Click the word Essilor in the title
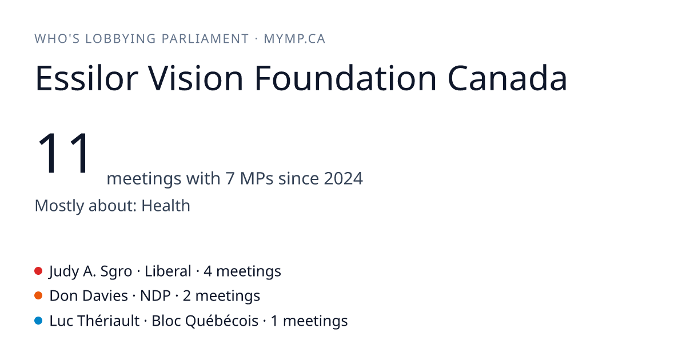pos(87,78)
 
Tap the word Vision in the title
pos(196,78)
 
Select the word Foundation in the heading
pos(345,78)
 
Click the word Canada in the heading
pos(508,78)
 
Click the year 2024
pos(344,178)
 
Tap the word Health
pos(166,205)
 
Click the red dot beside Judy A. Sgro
pos(38,271)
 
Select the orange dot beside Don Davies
pos(38,296)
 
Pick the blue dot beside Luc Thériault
pos(38,321)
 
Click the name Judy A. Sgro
pos(91,271)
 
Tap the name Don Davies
pos(89,296)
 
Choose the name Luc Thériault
pos(94,321)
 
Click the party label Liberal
pos(168,271)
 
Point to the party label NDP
pos(155,296)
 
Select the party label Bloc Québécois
pos(205,321)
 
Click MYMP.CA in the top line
pos(294,39)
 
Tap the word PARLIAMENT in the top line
pos(205,39)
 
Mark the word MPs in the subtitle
pos(257,178)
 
